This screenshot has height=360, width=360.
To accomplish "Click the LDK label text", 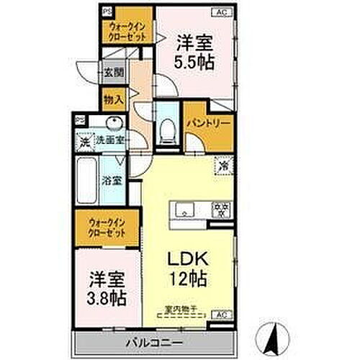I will (189, 258).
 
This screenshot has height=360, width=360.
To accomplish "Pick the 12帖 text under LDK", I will (191, 277).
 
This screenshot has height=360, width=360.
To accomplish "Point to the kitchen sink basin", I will (184, 210).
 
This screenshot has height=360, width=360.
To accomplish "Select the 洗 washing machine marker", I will (84, 142).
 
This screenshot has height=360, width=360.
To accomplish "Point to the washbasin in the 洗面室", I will (113, 122).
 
